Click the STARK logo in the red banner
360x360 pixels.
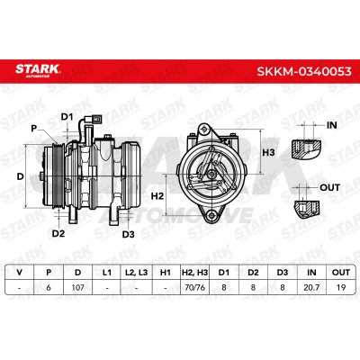pos(38,70)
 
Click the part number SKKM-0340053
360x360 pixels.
pos(304,71)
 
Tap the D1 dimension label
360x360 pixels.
pos(67,117)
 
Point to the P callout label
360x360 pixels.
pos(33,129)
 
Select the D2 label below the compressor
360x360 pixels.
pos(58,233)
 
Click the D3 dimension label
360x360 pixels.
pos(128,234)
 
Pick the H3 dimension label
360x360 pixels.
pos(268,153)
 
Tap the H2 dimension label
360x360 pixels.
pos(157,196)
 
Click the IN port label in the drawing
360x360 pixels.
pos(332,125)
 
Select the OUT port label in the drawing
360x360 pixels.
pos(329,188)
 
